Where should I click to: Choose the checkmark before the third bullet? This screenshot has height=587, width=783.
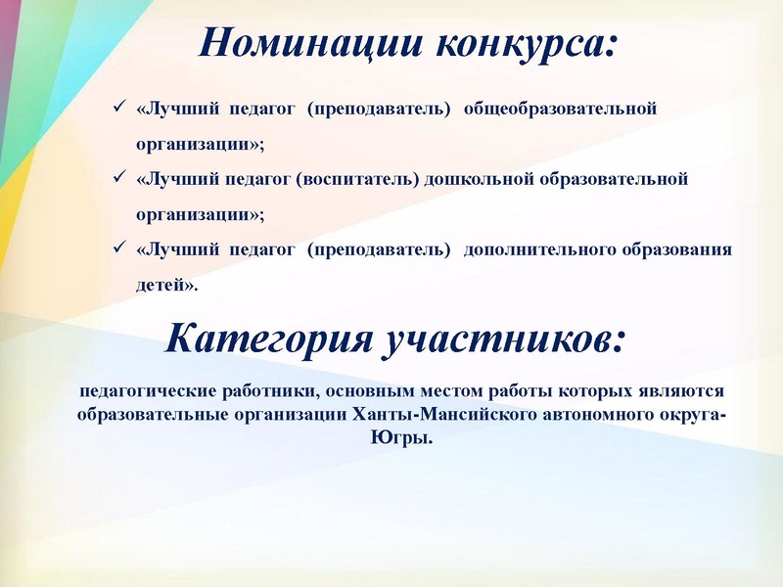pos(118,248)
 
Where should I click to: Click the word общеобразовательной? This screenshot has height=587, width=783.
pos(560,108)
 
